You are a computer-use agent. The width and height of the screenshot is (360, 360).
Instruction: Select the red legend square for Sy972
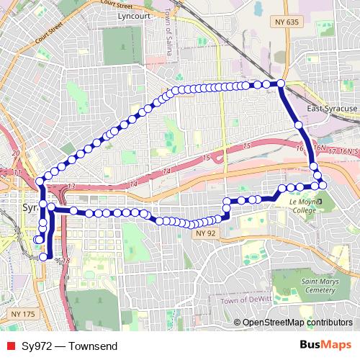(9, 346)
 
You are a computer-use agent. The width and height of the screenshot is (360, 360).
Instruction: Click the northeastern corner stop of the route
(281, 84)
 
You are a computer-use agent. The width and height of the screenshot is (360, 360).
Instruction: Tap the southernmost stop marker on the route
(43, 256)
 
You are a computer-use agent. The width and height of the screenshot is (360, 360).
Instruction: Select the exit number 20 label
(15, 153)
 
